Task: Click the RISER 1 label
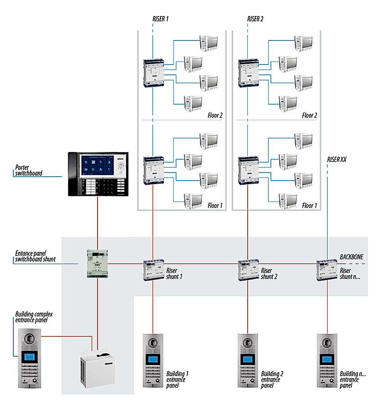[x=160, y=18]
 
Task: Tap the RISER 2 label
[x=255, y=18]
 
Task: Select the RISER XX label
[x=336, y=159]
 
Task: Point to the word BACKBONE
[x=352, y=257]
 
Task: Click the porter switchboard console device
[x=98, y=174]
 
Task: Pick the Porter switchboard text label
[x=29, y=170]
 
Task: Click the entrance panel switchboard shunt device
[x=97, y=263]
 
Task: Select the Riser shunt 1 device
[x=154, y=269]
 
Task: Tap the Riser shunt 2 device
[x=248, y=269]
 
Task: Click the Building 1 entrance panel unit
[x=153, y=360]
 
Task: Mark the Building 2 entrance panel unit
[x=248, y=360]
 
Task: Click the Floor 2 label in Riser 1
[x=215, y=115]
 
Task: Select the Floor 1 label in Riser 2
[x=309, y=206]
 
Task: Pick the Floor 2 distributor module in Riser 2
[x=248, y=73]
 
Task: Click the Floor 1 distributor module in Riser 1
[x=154, y=170]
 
